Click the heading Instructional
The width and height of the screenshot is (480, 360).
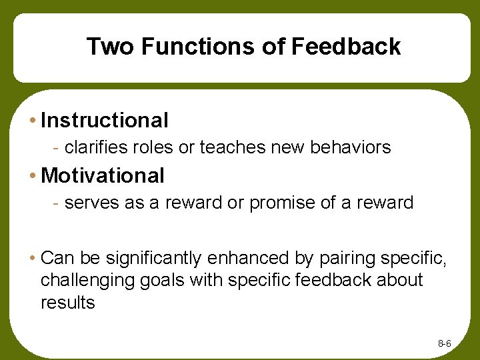click(105, 121)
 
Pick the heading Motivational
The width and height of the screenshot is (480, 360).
click(103, 176)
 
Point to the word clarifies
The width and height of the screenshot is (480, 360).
click(92, 147)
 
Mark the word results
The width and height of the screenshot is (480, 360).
click(68, 302)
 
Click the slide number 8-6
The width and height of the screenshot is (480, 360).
click(445, 343)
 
